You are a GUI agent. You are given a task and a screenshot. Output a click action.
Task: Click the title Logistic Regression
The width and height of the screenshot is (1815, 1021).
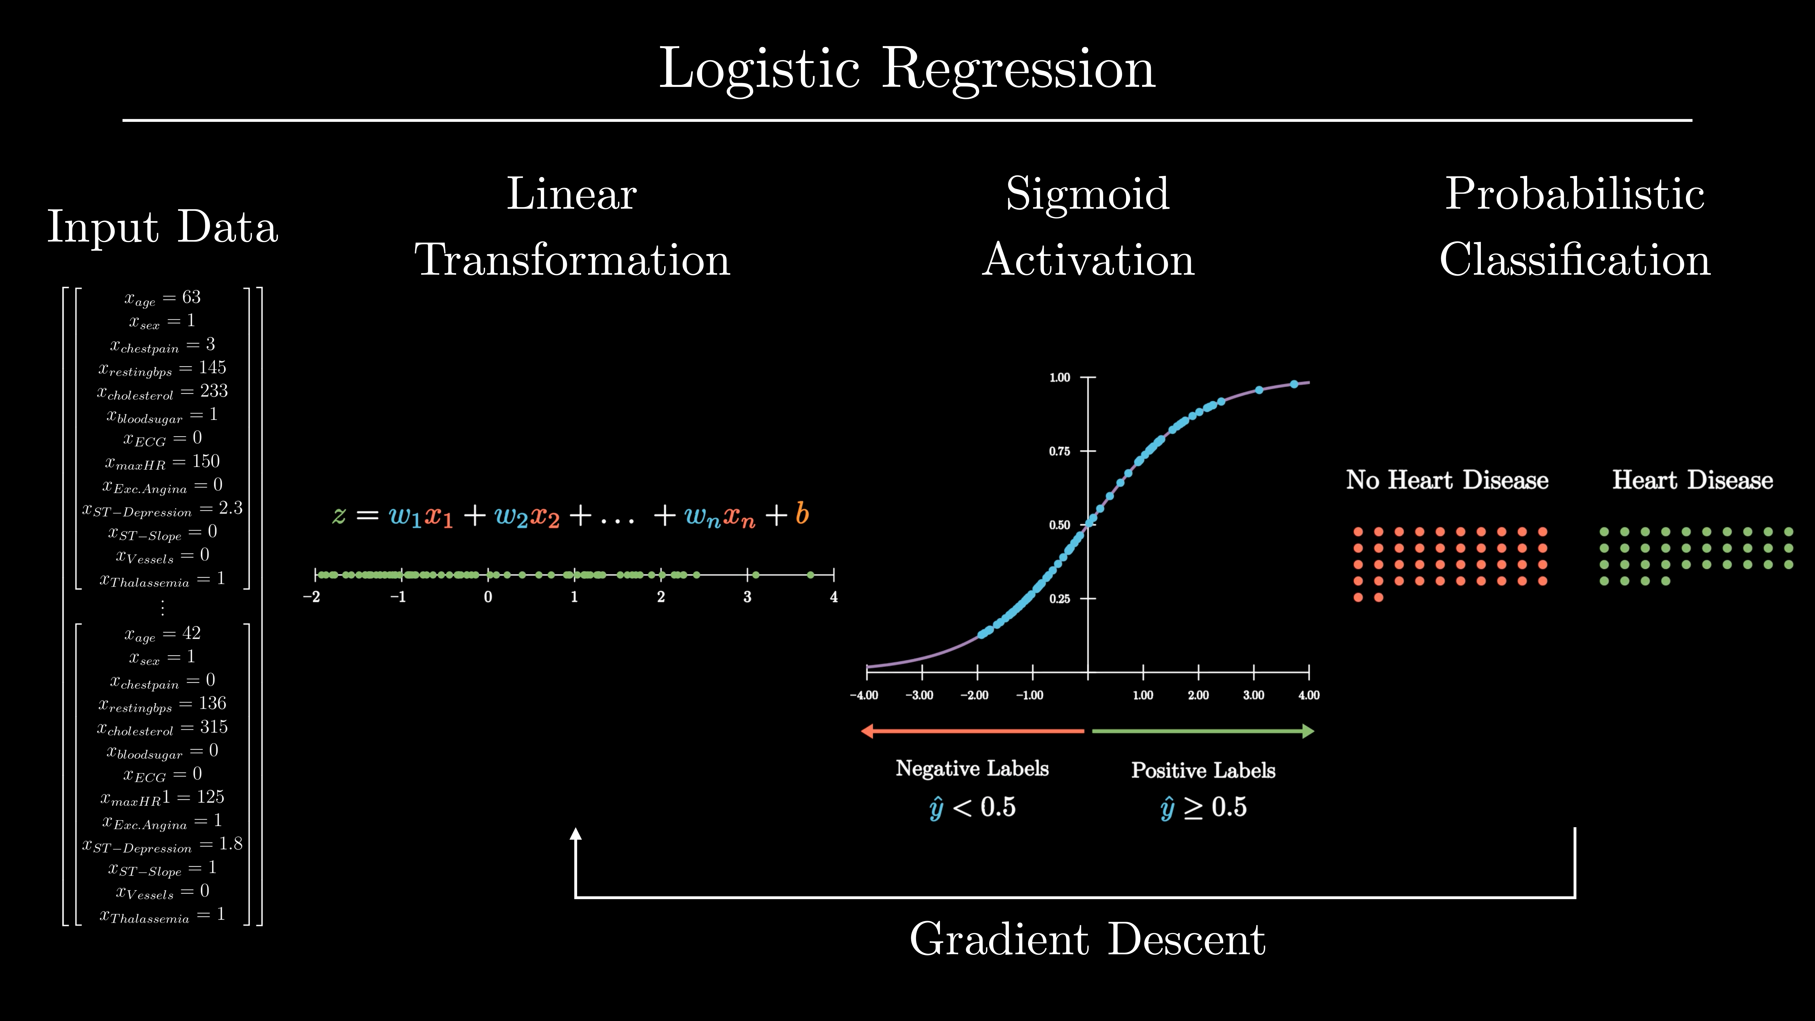pos(907,69)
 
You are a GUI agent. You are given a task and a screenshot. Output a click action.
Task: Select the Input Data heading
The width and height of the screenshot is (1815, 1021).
pos(163,227)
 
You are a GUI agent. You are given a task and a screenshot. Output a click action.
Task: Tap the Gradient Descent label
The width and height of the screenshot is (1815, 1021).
pos(1087,939)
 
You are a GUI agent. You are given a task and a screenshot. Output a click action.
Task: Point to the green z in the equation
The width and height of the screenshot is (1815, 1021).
pos(339,516)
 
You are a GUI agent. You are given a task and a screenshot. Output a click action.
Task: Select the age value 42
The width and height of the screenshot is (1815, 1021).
pos(192,633)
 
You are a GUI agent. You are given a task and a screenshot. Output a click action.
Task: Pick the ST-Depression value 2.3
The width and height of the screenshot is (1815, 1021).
pos(231,508)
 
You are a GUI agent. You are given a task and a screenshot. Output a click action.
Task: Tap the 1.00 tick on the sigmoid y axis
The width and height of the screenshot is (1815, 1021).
pos(1060,378)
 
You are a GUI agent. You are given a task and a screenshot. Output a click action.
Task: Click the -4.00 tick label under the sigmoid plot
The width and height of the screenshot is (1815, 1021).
pos(864,695)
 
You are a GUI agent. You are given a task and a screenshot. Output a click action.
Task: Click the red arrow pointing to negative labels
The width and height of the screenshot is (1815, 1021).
pos(972,731)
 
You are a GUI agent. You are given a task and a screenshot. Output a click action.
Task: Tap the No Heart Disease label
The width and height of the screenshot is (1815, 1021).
pos(1447,481)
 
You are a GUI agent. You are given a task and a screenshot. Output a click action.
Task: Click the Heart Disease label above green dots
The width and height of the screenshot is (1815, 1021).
pos(1692,481)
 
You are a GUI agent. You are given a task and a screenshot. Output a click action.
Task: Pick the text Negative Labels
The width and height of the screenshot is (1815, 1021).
pos(972,769)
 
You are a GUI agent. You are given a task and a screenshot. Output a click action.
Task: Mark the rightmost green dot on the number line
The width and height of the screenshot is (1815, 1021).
pos(810,575)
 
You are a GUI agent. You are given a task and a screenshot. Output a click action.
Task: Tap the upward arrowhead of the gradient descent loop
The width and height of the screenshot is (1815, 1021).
pos(576,834)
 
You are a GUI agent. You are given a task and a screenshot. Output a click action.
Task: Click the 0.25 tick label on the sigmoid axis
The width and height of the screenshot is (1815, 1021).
pos(1060,599)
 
